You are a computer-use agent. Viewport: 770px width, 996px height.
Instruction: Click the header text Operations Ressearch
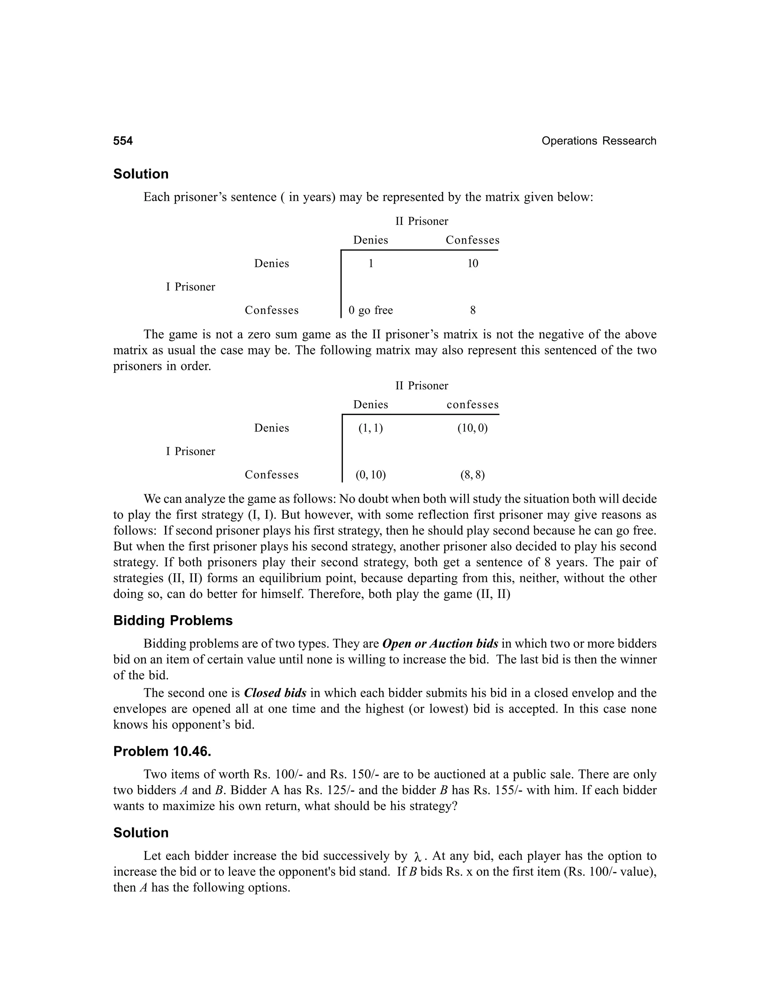[x=599, y=141]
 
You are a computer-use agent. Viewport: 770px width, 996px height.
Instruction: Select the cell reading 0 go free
[x=370, y=310]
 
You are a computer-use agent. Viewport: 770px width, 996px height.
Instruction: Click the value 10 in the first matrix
[x=473, y=263]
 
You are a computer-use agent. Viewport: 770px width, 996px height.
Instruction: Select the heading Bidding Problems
[x=173, y=621]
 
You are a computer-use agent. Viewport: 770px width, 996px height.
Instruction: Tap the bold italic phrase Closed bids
[x=275, y=693]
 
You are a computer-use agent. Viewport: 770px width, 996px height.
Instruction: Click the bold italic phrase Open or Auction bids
[x=440, y=644]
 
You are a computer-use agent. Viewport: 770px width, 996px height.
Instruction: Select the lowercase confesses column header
[x=473, y=405]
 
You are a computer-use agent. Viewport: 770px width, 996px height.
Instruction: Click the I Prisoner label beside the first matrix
[x=190, y=287]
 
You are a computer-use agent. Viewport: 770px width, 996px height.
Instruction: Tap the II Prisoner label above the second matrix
[x=421, y=386]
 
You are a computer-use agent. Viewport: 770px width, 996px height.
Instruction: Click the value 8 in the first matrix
[x=473, y=310]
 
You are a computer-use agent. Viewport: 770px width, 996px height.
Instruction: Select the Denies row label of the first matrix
[x=271, y=263]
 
